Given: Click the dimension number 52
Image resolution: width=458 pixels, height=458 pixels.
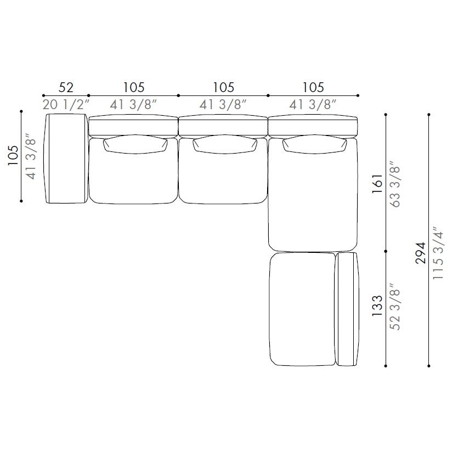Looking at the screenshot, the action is click(x=66, y=87).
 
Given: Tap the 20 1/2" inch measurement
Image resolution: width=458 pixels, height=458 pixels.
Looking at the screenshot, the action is click(x=66, y=105).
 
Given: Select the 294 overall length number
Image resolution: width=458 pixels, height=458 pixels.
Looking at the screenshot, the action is click(x=421, y=253).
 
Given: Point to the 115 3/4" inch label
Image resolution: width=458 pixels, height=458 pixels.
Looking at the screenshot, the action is click(x=438, y=253).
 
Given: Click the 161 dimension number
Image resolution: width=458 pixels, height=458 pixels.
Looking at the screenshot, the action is click(x=377, y=183).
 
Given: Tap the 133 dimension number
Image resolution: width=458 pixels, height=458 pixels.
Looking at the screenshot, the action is click(x=377, y=306).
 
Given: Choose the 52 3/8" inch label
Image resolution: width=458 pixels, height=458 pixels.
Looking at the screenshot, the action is click(x=394, y=307).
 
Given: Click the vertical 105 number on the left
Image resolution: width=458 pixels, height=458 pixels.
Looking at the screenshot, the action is click(x=13, y=155).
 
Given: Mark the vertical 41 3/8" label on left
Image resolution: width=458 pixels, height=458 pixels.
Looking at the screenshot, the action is click(x=30, y=156).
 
